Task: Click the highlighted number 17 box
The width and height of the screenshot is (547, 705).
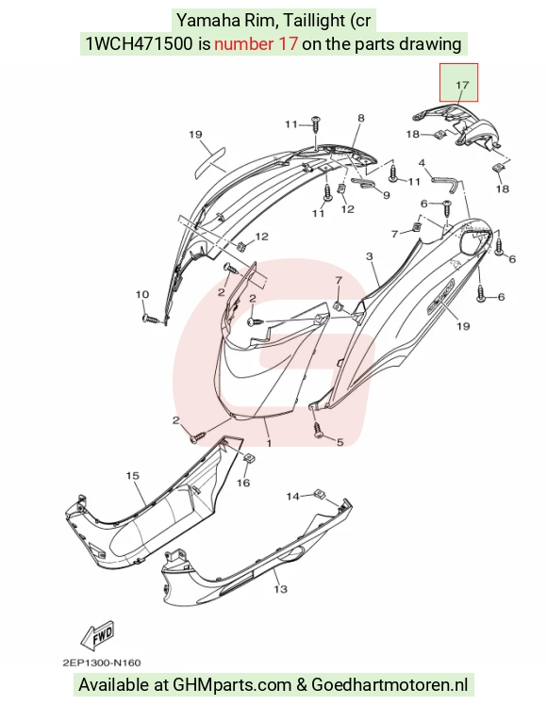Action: pos(458,83)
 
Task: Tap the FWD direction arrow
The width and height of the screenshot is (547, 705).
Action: pos(98,636)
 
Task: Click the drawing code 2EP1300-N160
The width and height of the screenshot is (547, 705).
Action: pos(102,663)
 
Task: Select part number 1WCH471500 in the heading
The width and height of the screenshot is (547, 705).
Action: pos(139,44)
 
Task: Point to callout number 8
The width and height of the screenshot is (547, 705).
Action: pos(361,118)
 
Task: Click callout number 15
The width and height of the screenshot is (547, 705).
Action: pos(133,475)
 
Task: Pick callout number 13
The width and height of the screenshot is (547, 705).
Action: pos(280,588)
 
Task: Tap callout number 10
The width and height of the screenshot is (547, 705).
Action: pos(142,294)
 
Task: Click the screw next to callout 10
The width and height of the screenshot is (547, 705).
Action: pos(150,320)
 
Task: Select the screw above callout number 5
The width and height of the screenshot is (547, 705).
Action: pos(318,429)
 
